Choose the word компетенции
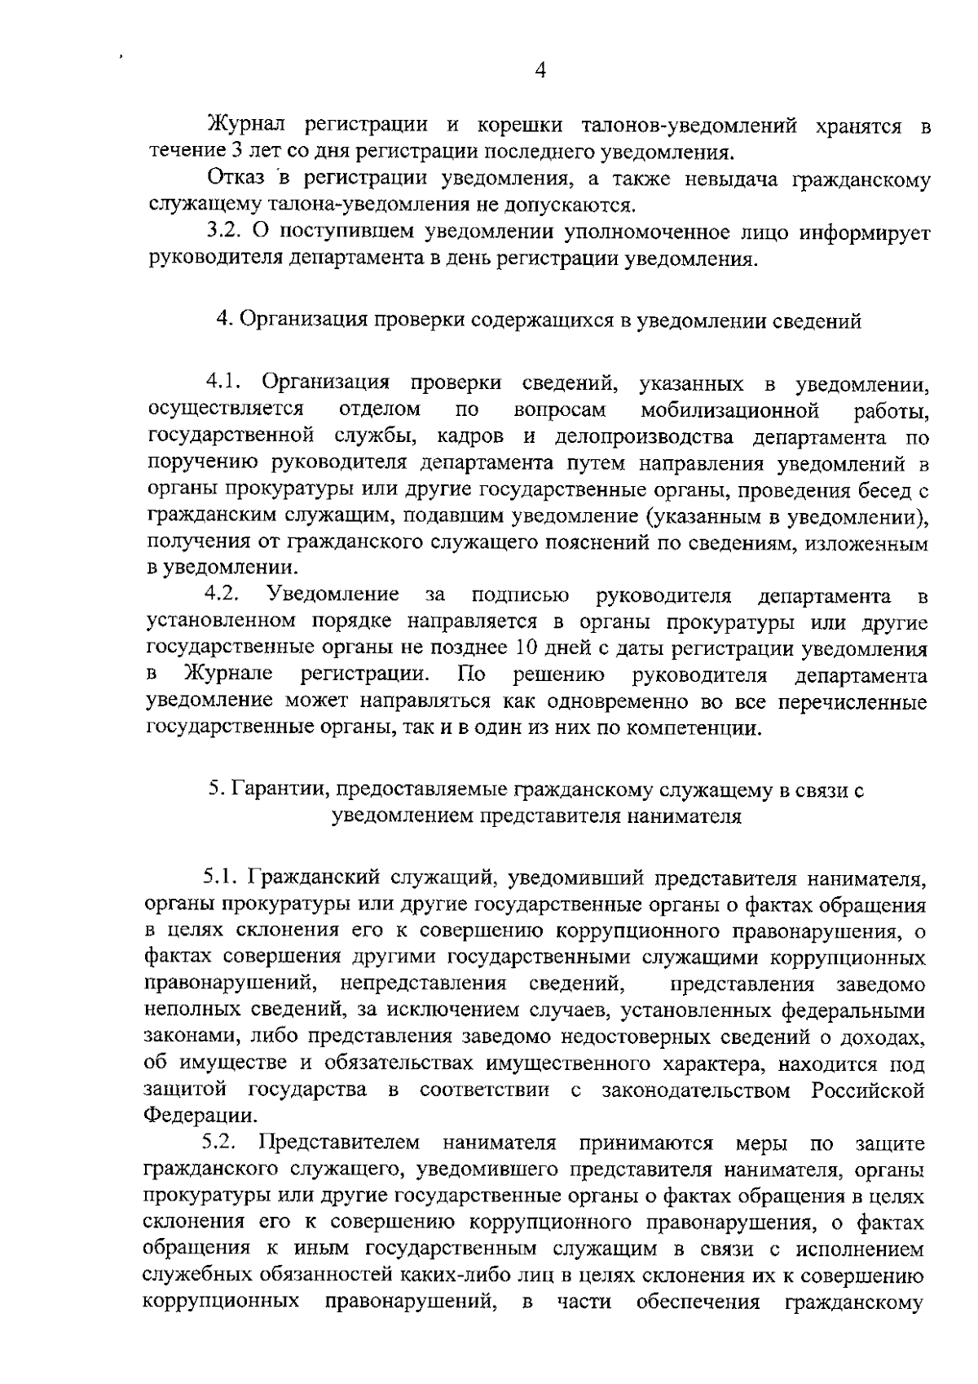coord(702,727)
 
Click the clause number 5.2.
coord(220,1142)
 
